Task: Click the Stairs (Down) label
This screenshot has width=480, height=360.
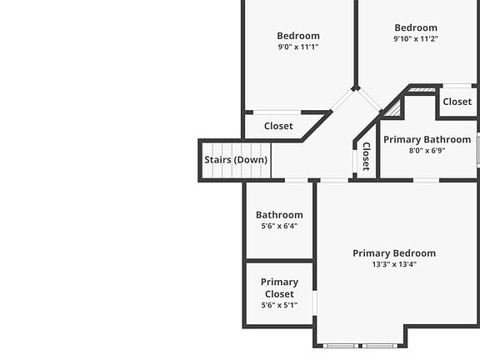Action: tap(236, 160)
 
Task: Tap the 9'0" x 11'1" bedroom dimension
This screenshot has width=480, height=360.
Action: tap(298, 47)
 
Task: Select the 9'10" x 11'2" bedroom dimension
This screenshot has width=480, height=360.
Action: tap(416, 39)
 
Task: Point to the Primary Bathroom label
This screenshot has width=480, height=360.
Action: tap(427, 140)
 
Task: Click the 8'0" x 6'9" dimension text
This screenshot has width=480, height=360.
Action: tap(427, 151)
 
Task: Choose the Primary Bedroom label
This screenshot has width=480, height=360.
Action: tap(394, 253)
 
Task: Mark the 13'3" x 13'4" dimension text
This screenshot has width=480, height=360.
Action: tap(394, 264)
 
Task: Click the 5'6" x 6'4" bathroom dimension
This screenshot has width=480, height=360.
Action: tap(279, 226)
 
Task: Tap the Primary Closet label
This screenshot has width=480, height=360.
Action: tap(279, 287)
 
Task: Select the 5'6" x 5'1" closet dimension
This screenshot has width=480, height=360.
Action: tap(279, 305)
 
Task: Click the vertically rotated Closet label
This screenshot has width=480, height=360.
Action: tap(367, 157)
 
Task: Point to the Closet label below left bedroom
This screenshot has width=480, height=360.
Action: tap(278, 126)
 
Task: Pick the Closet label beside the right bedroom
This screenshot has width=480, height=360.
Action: tap(457, 102)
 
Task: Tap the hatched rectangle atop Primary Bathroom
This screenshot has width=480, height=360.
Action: tap(422, 90)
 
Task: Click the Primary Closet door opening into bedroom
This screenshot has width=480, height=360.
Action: tap(314, 303)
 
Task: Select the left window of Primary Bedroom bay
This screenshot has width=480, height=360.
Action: tap(340, 346)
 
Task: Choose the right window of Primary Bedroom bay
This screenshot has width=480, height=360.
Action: tap(380, 346)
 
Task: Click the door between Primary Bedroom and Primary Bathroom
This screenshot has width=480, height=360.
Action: tap(426, 180)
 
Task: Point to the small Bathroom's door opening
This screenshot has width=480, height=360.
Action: tap(297, 180)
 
